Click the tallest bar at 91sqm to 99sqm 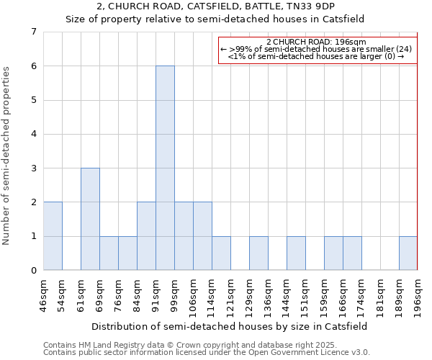pyautogui.click(x=165, y=168)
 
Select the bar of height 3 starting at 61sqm pyautogui.click(x=90, y=219)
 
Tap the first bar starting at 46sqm pyautogui.click(x=53, y=236)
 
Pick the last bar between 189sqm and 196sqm pyautogui.click(x=408, y=253)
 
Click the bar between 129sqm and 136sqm pyautogui.click(x=258, y=253)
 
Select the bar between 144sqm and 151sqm pyautogui.click(x=296, y=253)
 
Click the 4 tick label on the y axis pyautogui.click(x=33, y=134)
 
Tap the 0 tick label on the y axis pyautogui.click(x=33, y=271)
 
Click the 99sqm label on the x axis pyautogui.click(x=174, y=293)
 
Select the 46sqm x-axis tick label pyautogui.click(x=43, y=293)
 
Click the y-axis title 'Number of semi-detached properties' pyautogui.click(x=6, y=156)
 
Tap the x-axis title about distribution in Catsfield pyautogui.click(x=230, y=326)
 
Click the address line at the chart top pyautogui.click(x=215, y=6)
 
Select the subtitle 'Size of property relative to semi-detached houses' pyautogui.click(x=215, y=19)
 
